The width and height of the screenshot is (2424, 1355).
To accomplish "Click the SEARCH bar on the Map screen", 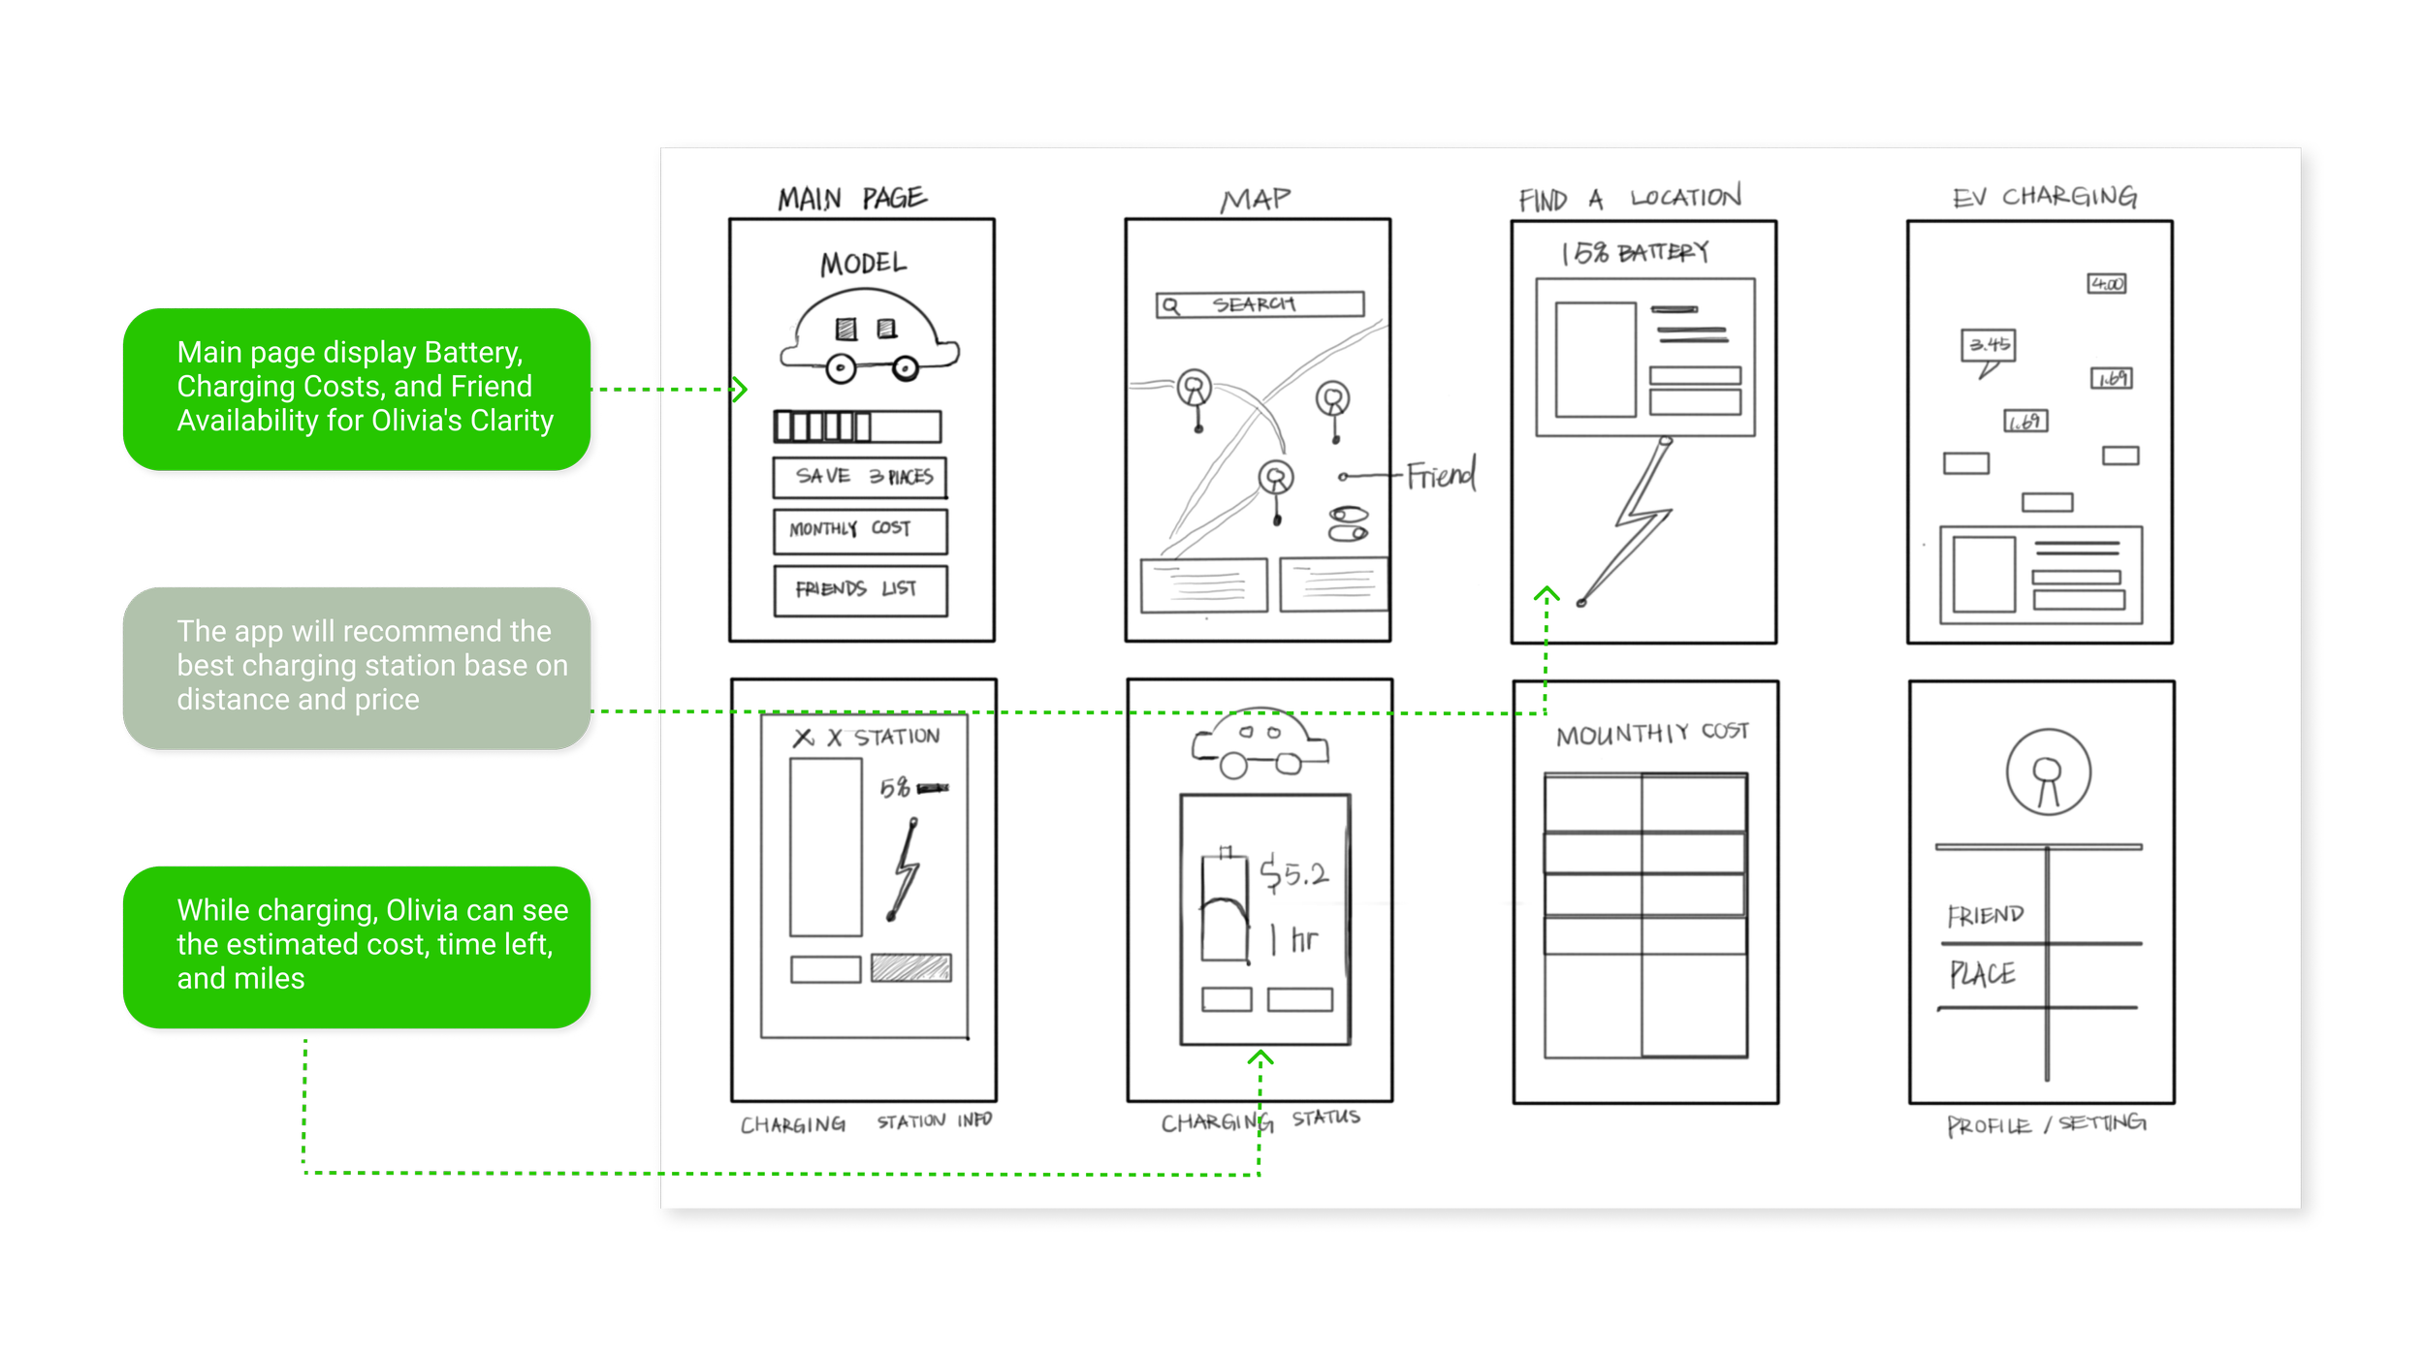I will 1260,304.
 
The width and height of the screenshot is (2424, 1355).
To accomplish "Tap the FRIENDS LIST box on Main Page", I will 860,590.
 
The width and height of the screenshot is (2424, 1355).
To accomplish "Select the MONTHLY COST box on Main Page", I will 860,530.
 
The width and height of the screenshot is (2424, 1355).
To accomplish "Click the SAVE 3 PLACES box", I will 860,477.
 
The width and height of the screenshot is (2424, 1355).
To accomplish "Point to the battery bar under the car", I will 857,426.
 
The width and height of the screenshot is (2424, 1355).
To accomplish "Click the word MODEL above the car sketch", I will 863,264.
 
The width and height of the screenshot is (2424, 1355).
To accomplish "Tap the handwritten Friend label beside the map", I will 1441,475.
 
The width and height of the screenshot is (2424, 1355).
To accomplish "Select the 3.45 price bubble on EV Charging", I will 1989,345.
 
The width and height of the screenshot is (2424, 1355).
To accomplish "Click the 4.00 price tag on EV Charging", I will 2106,284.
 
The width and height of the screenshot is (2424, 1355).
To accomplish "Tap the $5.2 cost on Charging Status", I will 1293,874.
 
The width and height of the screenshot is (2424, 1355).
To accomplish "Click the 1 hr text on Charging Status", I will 1295,939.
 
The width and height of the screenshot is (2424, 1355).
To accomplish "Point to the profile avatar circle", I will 2048,773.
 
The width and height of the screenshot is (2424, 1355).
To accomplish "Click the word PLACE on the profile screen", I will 1982,974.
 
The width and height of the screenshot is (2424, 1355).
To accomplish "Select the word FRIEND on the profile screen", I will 1985,915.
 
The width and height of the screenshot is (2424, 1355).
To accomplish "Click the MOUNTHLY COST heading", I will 1651,734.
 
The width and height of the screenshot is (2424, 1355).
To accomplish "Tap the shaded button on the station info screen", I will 910,967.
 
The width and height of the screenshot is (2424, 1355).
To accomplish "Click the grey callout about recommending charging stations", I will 357,667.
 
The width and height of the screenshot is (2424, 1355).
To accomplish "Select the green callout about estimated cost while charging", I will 357,946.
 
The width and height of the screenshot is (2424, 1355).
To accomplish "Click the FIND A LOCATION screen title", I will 1629,199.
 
